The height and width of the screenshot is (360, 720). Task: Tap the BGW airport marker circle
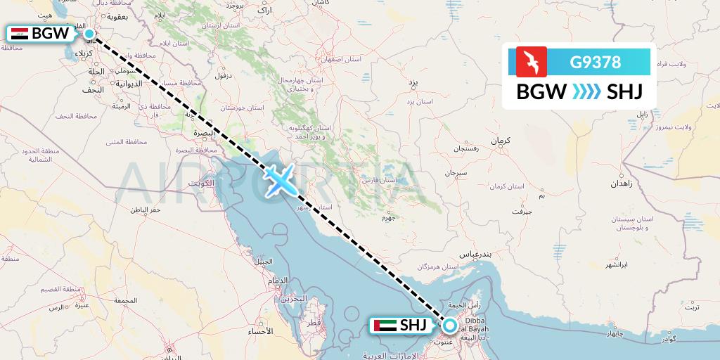pos(89,33)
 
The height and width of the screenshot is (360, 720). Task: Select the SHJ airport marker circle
pos(449,325)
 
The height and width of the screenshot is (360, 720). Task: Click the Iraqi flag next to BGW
pos(20,33)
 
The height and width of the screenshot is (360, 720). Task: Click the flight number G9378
pos(596,62)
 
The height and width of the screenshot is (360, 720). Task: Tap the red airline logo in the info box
pos(532,62)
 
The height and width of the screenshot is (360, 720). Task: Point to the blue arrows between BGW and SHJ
pos(586,92)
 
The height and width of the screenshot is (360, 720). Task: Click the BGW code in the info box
pos(541,92)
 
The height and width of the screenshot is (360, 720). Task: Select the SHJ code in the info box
pos(626,92)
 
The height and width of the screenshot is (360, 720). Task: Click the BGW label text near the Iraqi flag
pos(51,33)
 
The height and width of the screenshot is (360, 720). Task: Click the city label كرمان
pos(500,141)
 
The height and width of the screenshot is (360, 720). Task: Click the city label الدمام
pos(276,281)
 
